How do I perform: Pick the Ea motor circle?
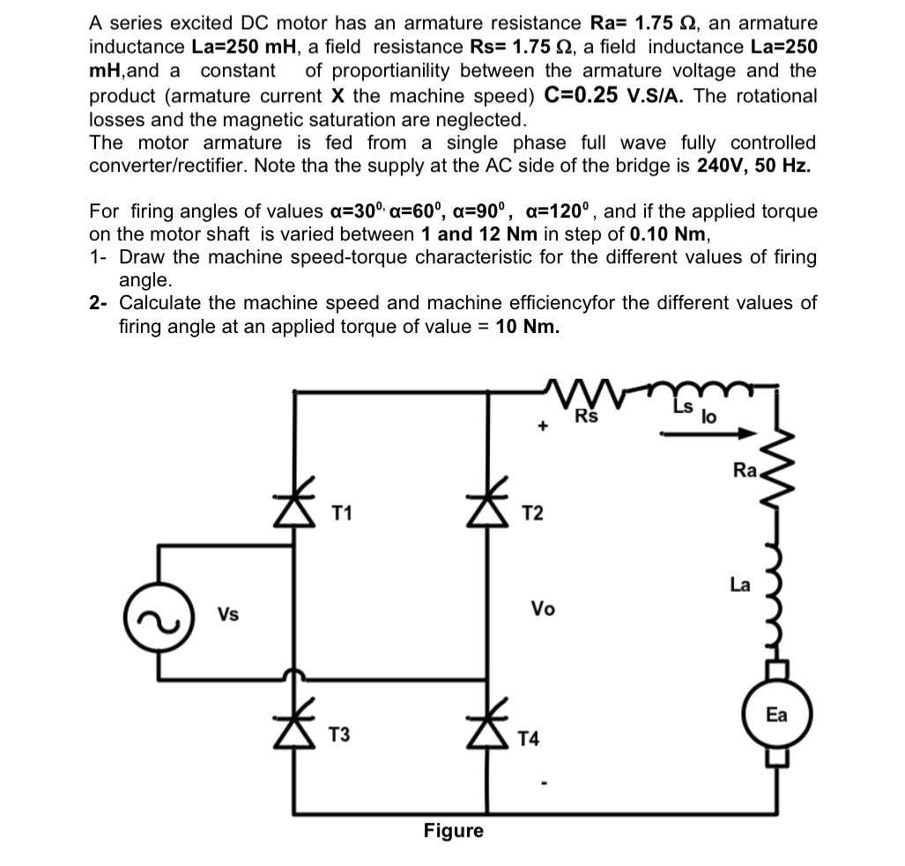(775, 714)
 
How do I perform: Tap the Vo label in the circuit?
(543, 608)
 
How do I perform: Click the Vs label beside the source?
(228, 615)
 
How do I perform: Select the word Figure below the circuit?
(453, 831)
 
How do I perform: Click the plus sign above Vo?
(544, 427)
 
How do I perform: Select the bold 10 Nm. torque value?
(528, 326)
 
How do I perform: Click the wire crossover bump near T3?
(294, 677)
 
